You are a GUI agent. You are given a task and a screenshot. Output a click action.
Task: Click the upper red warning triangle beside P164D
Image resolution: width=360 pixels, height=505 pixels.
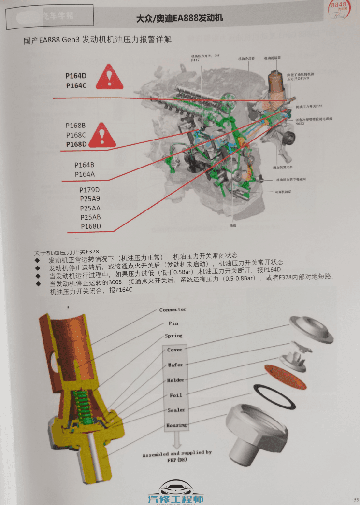(111, 78)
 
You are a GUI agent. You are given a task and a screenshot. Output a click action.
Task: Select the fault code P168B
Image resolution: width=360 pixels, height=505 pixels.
(76, 126)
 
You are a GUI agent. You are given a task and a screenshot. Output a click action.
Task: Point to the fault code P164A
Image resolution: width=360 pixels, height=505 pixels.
(85, 174)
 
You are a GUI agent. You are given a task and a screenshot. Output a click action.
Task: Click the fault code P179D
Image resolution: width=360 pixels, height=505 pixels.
(90, 189)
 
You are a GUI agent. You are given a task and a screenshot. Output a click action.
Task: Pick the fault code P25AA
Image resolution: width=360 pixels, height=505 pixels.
(90, 208)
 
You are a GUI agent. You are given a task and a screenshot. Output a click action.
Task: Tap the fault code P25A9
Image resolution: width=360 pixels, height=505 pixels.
(90, 198)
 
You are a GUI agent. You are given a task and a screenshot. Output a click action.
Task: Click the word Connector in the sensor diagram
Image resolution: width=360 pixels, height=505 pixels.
(173, 309)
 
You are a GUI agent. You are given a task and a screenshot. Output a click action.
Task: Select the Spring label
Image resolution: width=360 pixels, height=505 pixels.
(173, 336)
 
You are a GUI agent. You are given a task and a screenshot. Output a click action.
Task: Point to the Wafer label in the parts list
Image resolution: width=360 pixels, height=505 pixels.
(175, 365)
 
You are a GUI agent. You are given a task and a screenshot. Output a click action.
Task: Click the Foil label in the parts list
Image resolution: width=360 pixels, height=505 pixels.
(175, 395)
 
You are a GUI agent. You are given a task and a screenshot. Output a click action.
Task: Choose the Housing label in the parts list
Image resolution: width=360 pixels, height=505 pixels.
(176, 425)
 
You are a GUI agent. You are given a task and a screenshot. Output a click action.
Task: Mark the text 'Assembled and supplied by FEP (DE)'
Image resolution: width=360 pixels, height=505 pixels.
(176, 457)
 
